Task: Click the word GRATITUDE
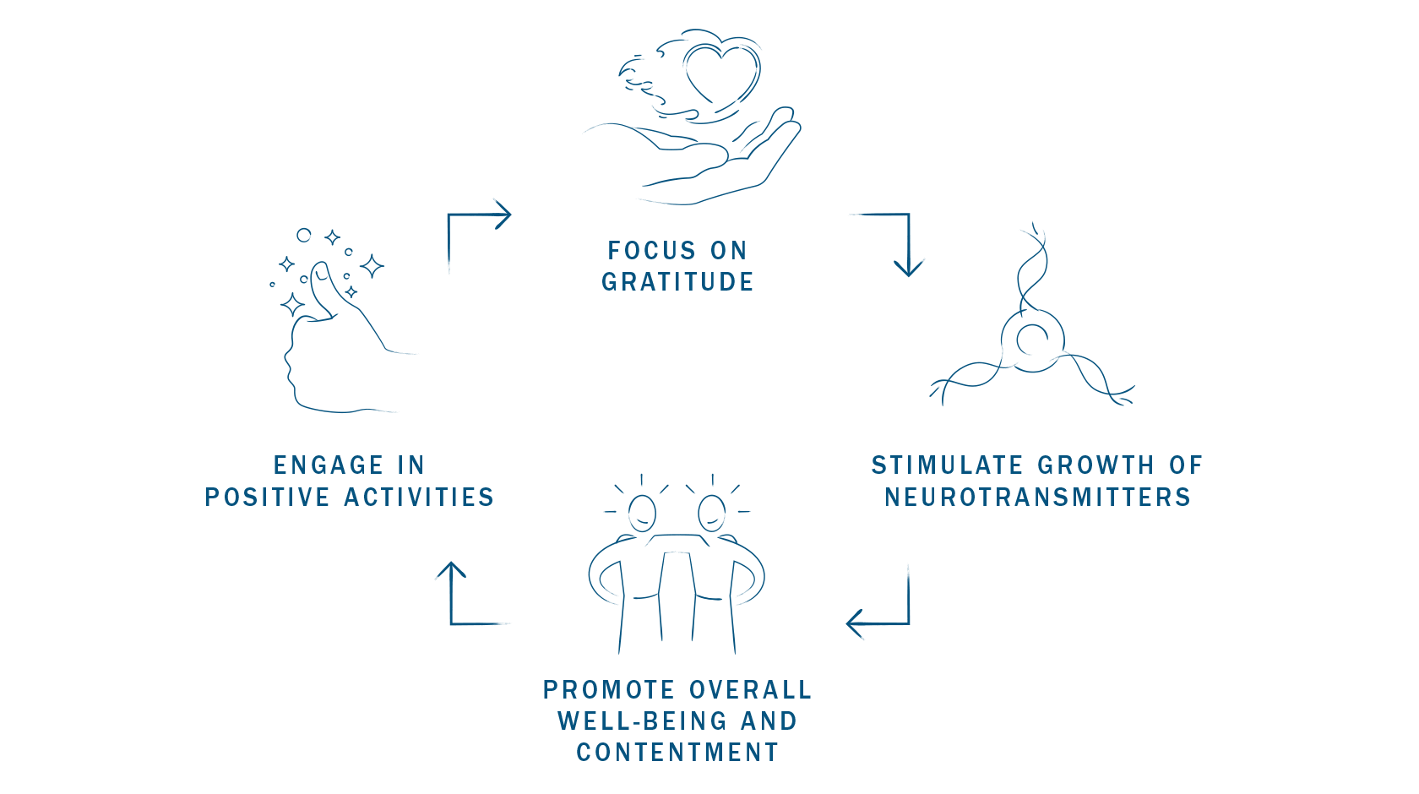[x=677, y=282]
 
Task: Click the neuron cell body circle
[x=1031, y=340]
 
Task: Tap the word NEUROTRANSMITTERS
[x=1037, y=498]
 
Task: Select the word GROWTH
[x=1096, y=465]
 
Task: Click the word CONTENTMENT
[x=677, y=753]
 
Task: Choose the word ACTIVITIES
[x=420, y=498]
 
